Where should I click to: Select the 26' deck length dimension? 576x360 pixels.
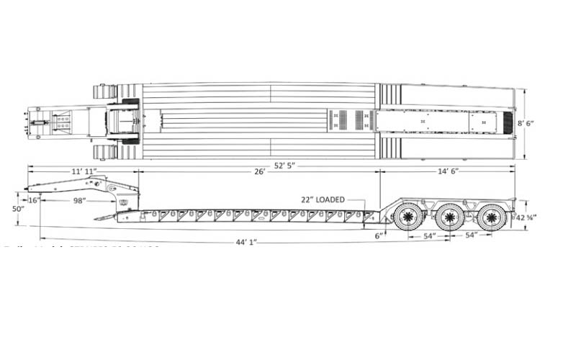[x=259, y=172]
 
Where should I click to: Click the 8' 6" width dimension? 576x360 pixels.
[x=527, y=123]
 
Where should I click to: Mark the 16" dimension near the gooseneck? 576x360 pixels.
[x=33, y=200]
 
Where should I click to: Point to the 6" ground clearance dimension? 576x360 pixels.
[x=379, y=235]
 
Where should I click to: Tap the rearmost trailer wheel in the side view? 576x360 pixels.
[x=492, y=217]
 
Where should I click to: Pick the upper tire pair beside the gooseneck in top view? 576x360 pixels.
[x=106, y=91]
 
